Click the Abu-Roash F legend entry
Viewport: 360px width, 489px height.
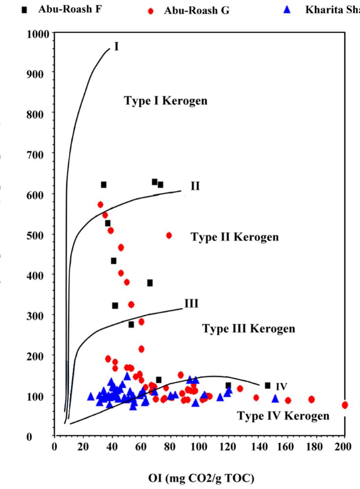(x=69, y=10)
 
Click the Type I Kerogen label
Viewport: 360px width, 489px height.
(x=166, y=101)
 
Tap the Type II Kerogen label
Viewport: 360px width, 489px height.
(x=234, y=237)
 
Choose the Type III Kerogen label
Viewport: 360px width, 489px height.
(x=248, y=329)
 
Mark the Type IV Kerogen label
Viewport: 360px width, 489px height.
(x=283, y=416)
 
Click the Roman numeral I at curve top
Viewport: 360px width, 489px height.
(x=116, y=47)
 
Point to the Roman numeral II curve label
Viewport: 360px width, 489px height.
(x=195, y=186)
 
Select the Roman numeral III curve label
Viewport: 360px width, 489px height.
(x=191, y=303)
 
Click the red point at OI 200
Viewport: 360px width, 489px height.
(x=345, y=405)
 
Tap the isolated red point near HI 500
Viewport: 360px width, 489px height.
(x=169, y=235)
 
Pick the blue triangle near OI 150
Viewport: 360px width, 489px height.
(x=275, y=399)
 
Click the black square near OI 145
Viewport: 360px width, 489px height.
(x=268, y=386)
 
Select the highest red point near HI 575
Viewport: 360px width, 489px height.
(x=100, y=205)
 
